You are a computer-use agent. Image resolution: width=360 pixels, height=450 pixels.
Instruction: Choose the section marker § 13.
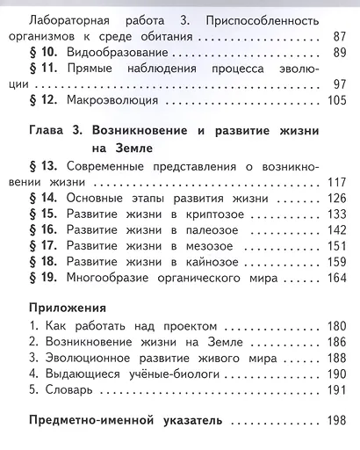[46, 168]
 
